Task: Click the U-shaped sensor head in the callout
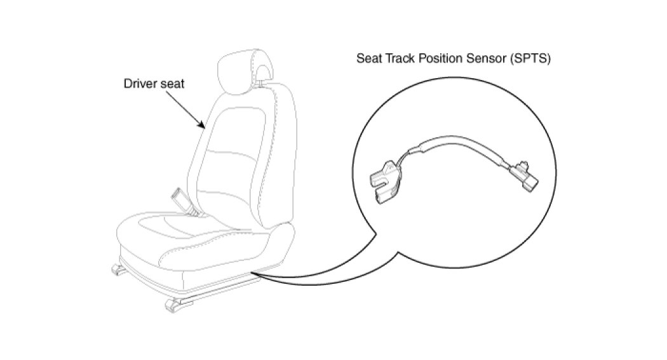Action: [384, 181]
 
